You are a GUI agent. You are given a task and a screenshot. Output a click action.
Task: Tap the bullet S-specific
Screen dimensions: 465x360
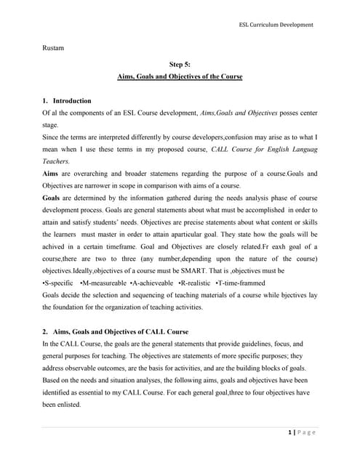click(x=58, y=282)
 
